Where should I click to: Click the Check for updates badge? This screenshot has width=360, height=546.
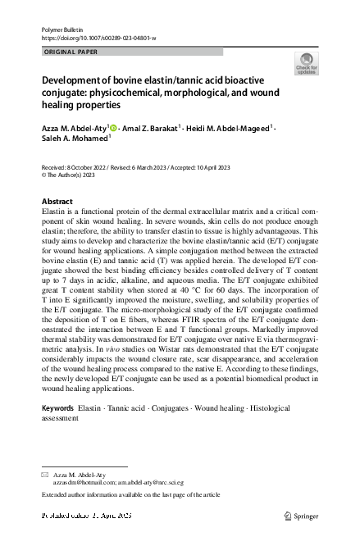[308, 64]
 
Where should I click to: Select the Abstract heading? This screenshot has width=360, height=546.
[57, 202]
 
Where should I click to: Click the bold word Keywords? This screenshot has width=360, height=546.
[58, 407]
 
